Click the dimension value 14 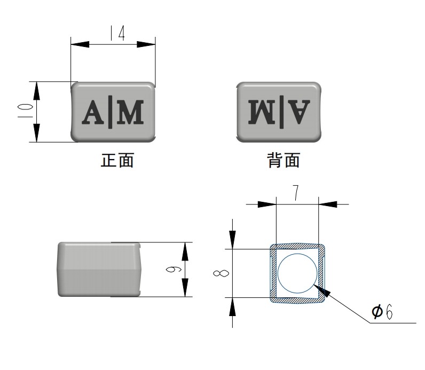[117, 33]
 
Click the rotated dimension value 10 [25, 111]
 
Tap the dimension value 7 [296, 193]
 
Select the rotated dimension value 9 [174, 270]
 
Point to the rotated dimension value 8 [221, 273]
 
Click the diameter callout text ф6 [382, 312]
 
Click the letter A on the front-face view [93, 112]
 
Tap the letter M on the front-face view [130, 112]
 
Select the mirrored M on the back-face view [262, 112]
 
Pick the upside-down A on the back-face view [299, 112]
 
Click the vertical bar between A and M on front [111, 112]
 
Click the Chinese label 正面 [117, 160]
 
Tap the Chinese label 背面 [284, 160]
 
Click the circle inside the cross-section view [297, 273]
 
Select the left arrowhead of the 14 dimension [80, 44]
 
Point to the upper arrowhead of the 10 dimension [37, 91]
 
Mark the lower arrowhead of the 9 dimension [185, 288]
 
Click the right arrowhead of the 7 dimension [328, 204]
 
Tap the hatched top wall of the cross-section [297, 246]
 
